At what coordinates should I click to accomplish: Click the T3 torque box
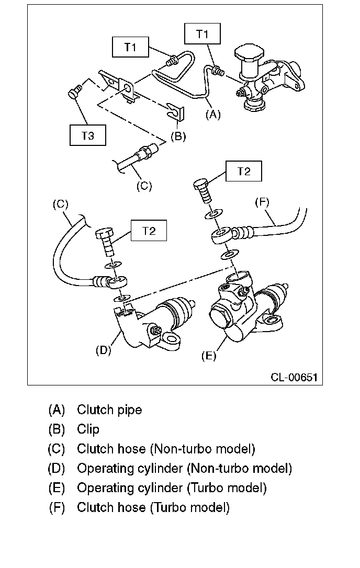(88, 135)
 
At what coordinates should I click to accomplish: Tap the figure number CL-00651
(294, 378)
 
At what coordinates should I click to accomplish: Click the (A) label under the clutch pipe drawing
(213, 115)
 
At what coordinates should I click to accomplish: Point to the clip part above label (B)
(176, 111)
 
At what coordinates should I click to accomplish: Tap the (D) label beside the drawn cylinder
(103, 350)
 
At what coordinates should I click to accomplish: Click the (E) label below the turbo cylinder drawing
(209, 356)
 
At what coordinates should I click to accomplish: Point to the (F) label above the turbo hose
(262, 202)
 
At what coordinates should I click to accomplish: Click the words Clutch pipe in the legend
(109, 410)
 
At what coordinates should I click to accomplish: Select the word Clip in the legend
(88, 429)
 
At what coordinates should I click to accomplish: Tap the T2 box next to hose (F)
(244, 171)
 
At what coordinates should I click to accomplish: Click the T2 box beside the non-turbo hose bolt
(149, 230)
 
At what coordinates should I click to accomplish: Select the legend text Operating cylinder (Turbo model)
(172, 488)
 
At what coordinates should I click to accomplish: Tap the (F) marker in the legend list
(57, 507)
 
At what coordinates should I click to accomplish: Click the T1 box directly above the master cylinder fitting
(202, 33)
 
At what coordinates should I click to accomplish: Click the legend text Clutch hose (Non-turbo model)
(166, 449)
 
